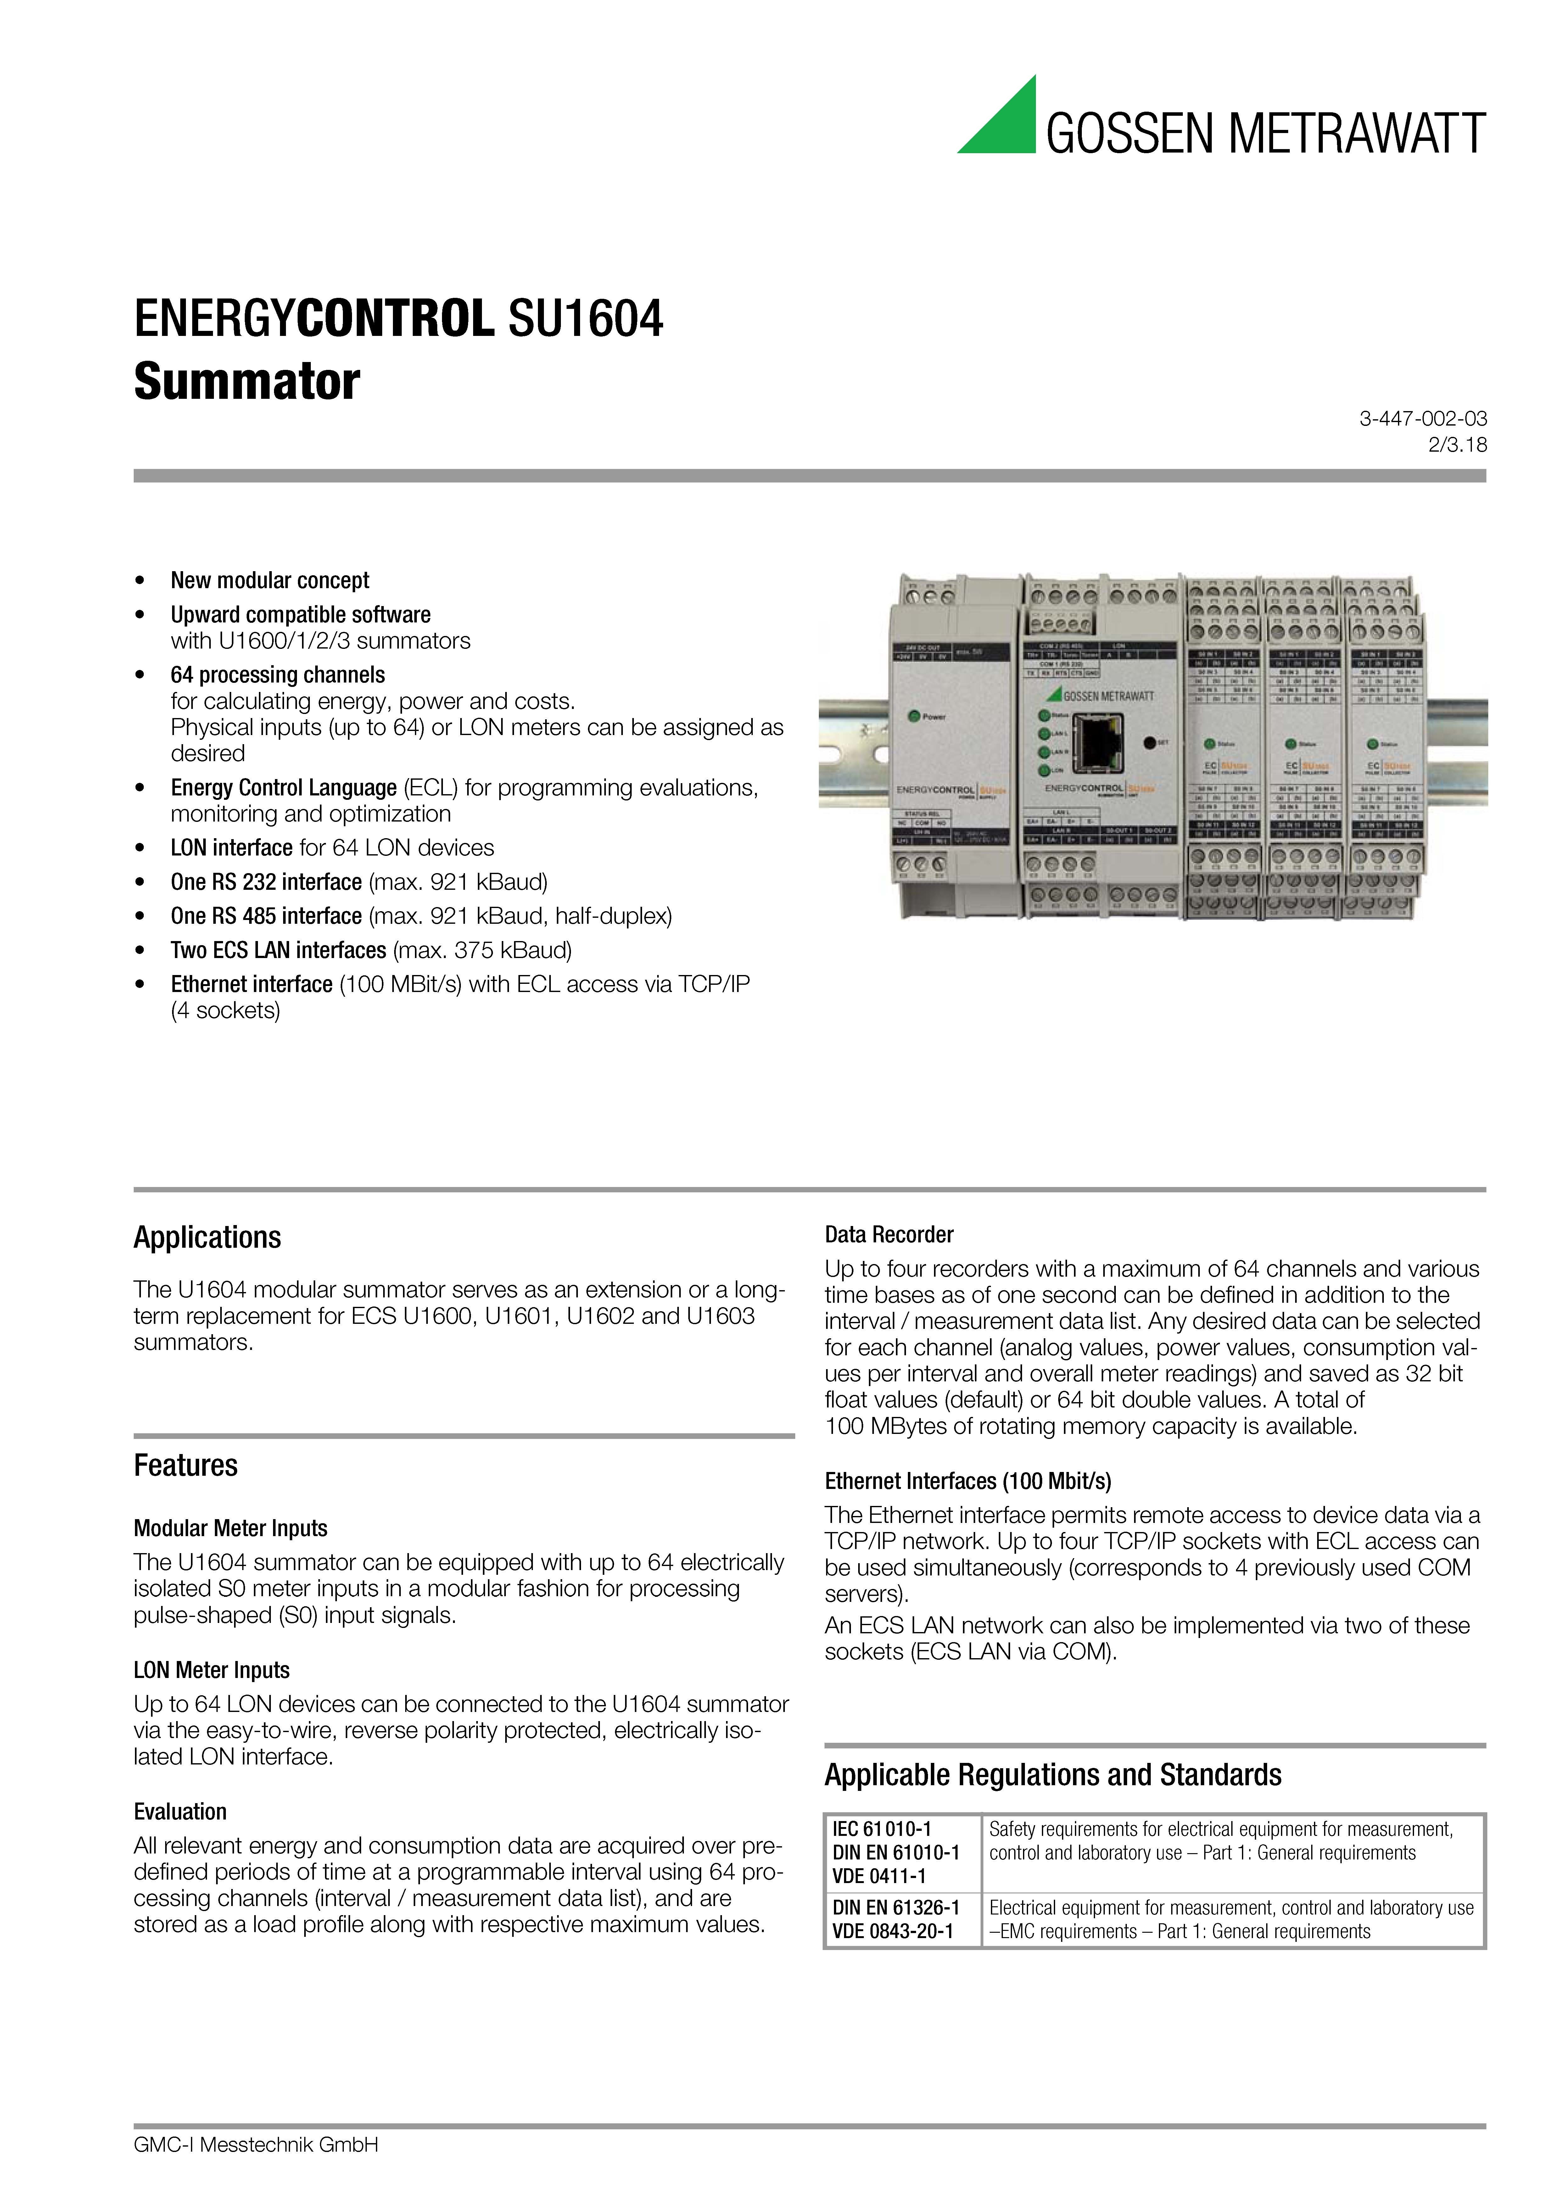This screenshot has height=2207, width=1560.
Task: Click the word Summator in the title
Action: click(x=247, y=382)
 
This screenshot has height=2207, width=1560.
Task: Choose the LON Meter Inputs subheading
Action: click(x=211, y=1670)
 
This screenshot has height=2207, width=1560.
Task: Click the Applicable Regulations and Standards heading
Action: click(x=1053, y=1775)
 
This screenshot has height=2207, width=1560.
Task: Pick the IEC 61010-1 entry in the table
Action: click(x=881, y=1829)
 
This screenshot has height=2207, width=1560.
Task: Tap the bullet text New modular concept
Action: click(x=270, y=581)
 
